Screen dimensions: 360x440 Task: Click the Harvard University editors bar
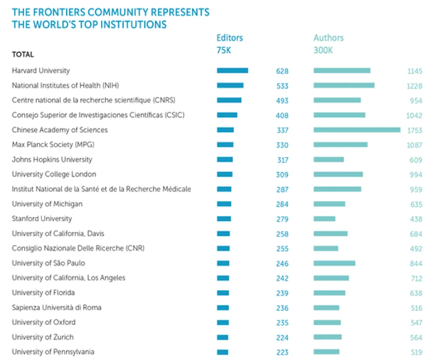point(232,70)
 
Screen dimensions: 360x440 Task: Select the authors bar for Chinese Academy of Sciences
point(357,130)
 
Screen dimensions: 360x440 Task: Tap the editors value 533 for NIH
point(282,86)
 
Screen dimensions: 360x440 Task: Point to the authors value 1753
point(414,130)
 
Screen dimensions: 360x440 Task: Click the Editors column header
point(230,38)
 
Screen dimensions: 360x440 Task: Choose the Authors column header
point(329,38)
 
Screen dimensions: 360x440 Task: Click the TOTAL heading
point(23,55)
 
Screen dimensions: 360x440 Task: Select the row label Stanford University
point(42,219)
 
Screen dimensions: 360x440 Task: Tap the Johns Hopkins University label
point(52,159)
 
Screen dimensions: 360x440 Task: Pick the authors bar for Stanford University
point(324,219)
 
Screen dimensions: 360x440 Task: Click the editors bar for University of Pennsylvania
point(222,352)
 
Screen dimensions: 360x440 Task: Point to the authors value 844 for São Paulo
point(415,263)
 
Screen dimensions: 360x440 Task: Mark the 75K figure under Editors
point(223,50)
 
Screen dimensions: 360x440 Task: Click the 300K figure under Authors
point(323,50)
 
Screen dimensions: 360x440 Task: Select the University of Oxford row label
point(43,322)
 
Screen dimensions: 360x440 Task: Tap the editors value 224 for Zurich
point(282,338)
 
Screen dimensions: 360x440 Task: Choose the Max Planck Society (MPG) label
point(49,145)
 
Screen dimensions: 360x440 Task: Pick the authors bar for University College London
point(338,174)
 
